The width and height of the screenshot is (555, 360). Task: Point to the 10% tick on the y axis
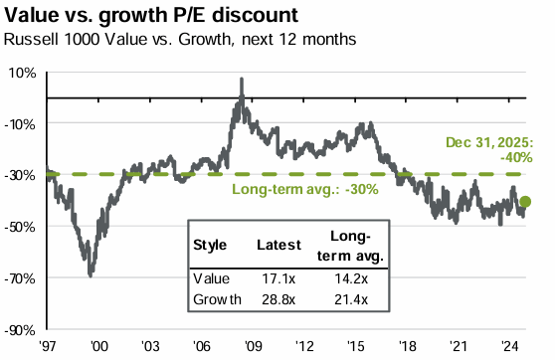click(23, 73)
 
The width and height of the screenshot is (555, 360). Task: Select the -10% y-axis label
click(21, 123)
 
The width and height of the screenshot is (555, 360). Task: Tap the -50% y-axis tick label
click(21, 226)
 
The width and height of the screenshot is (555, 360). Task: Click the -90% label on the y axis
click(21, 329)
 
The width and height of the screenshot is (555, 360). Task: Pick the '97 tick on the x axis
click(47, 345)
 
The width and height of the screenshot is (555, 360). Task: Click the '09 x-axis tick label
click(254, 345)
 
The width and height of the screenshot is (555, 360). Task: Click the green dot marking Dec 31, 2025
click(525, 202)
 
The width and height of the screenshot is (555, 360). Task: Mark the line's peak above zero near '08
click(241, 79)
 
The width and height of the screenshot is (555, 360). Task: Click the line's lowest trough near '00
click(92, 274)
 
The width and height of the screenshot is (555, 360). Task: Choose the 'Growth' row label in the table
click(215, 297)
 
